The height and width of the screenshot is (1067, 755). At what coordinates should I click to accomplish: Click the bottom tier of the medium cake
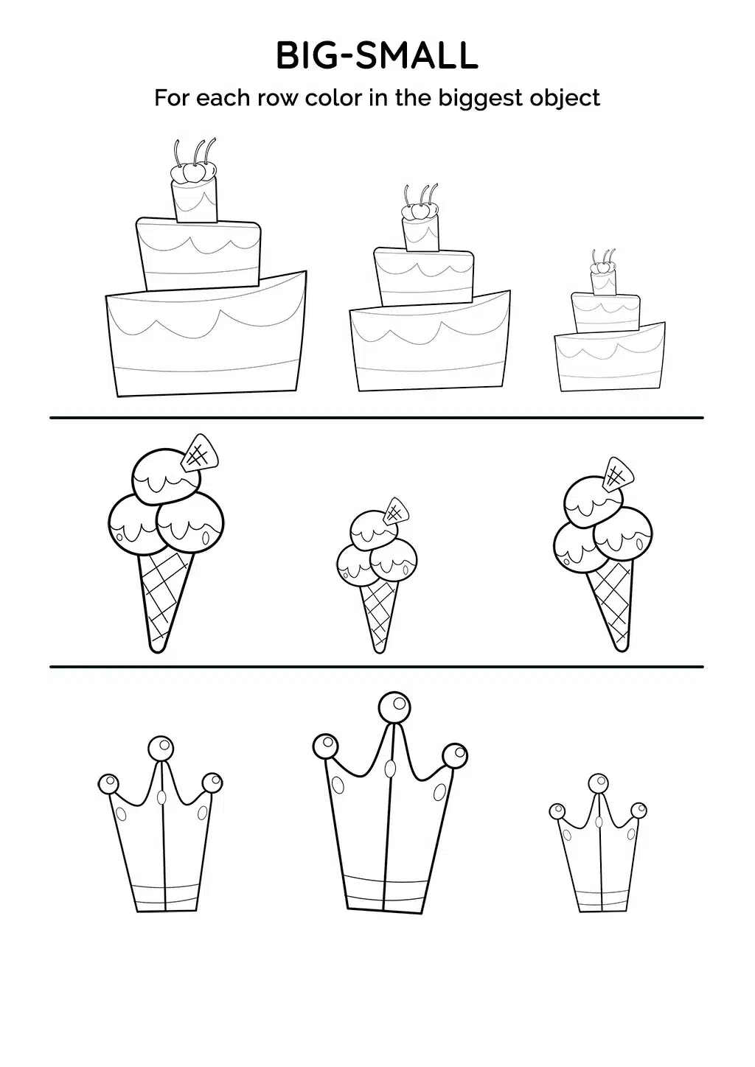(x=430, y=342)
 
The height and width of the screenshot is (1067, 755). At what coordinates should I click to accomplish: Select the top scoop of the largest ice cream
(x=165, y=475)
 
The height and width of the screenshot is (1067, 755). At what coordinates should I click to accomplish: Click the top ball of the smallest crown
(x=598, y=783)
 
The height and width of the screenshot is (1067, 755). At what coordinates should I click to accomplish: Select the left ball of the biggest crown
(x=326, y=746)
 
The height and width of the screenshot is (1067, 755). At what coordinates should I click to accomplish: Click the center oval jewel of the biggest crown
(x=390, y=768)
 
